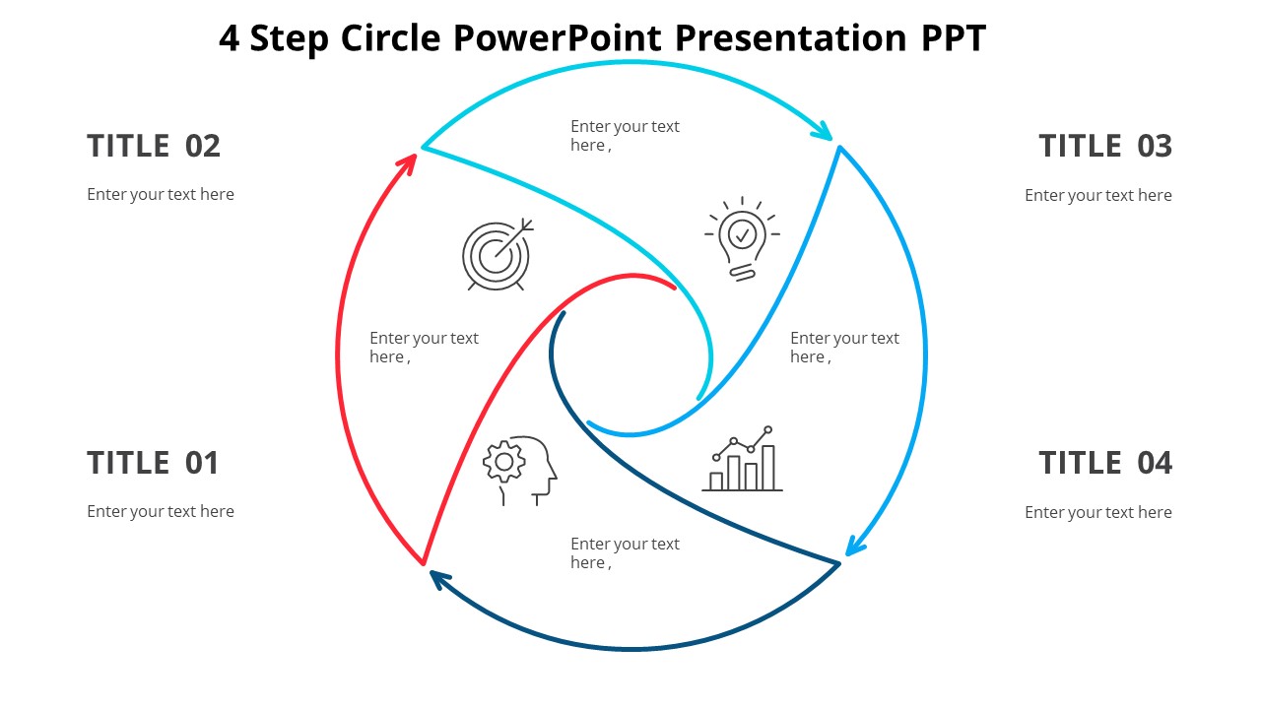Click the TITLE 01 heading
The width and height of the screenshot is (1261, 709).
153,463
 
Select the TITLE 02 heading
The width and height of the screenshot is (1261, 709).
154,146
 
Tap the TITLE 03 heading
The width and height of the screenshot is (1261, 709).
1105,146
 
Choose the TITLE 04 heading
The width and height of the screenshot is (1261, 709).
1105,463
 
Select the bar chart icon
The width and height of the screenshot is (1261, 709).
743,460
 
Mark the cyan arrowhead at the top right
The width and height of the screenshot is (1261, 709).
822,130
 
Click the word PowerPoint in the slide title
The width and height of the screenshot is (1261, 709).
558,38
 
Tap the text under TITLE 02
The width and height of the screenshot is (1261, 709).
161,194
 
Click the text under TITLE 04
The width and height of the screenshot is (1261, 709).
1097,512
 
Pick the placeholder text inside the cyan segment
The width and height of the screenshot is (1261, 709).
625,136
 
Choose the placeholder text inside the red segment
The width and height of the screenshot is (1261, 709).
424,348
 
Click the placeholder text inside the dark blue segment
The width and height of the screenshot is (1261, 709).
625,553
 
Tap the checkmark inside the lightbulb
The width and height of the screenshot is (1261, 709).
743,234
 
